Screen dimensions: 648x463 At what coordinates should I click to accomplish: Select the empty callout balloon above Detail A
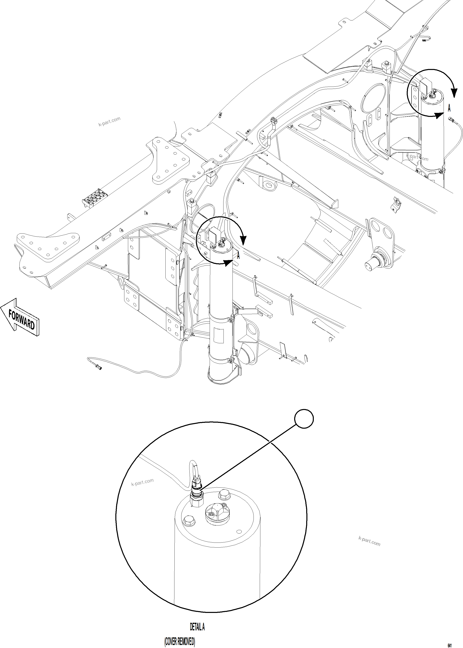304,419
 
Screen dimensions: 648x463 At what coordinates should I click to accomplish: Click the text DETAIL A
197,627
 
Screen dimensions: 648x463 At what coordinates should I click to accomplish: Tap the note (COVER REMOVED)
180,642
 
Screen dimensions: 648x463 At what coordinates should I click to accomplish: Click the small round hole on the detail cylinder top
239,532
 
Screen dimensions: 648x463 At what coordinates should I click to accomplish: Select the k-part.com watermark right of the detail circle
369,541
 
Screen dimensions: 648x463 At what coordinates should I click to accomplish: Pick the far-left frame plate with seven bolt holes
47,245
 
